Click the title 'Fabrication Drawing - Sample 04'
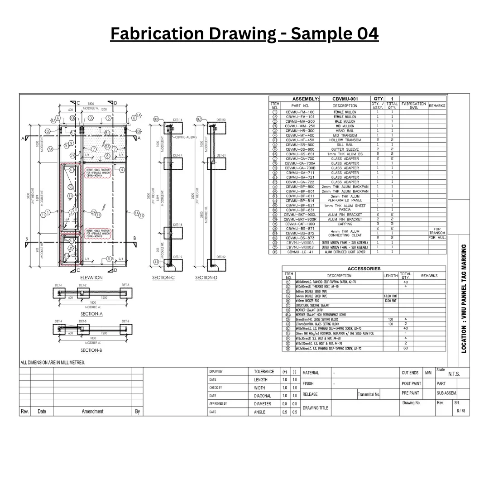coord(244,34)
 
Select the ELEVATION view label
coord(91,278)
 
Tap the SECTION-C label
coord(163,278)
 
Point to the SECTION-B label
coord(91,350)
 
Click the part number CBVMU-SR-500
coord(300,145)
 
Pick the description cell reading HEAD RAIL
coord(345,131)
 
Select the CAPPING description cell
coord(345,224)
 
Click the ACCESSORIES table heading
coord(364,268)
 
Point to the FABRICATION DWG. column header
coord(413,105)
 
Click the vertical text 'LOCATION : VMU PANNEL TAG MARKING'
coord(463,299)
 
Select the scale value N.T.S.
coord(454,374)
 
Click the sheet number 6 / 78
coord(460,411)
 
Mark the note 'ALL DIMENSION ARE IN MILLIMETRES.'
coord(53,363)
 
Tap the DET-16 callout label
coord(177,120)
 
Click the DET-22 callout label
coord(221,257)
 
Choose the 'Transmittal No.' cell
coord(369,394)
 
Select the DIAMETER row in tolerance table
coord(263,404)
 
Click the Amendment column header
coord(92,412)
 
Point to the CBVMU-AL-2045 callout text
coord(186,137)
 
